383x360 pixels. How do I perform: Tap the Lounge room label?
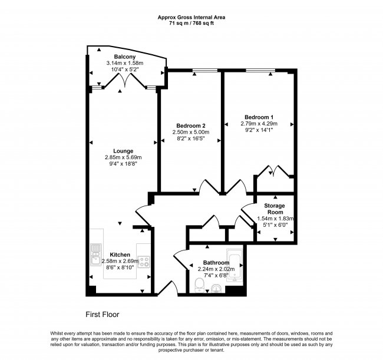(x=123, y=151)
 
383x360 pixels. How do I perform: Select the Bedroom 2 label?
(x=191, y=125)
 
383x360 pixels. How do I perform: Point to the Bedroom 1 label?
(x=259, y=117)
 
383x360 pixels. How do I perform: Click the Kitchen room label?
(x=120, y=255)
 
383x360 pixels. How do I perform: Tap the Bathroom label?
(x=216, y=263)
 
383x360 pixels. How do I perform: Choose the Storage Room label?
(x=275, y=209)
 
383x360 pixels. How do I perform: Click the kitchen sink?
(x=95, y=255)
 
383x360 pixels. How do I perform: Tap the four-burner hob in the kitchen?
(x=144, y=262)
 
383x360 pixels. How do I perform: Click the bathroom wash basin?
(x=216, y=288)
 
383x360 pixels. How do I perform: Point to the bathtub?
(x=235, y=266)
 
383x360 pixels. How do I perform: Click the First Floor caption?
(x=103, y=314)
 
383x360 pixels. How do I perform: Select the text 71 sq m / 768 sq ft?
(x=191, y=24)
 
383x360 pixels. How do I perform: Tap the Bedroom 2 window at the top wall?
(x=205, y=70)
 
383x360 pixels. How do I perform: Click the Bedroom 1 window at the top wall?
(x=260, y=70)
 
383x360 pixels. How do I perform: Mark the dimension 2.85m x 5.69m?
(x=123, y=157)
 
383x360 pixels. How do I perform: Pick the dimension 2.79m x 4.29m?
(x=259, y=124)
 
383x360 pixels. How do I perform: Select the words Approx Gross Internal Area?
(x=191, y=17)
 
